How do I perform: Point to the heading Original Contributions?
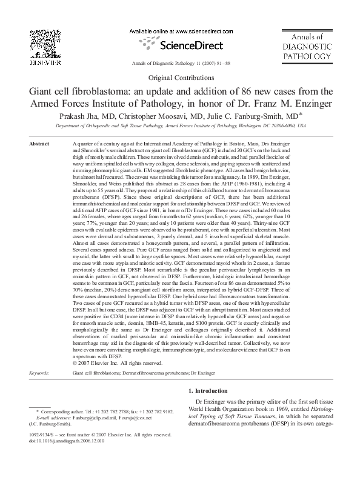180,78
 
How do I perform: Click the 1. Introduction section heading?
210,391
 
